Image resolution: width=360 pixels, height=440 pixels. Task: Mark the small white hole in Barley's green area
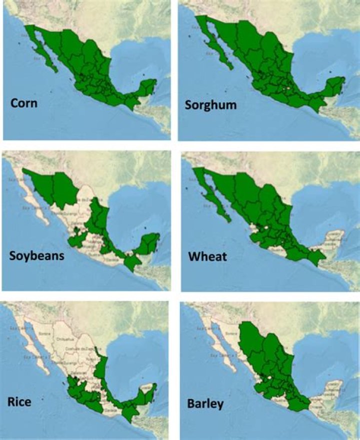tap(272, 381)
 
